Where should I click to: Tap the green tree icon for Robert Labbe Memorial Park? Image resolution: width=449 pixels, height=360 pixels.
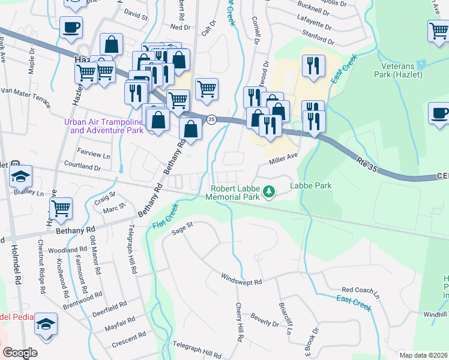coord(270,191)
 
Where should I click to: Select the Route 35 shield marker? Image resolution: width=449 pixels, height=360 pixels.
coord(211,119)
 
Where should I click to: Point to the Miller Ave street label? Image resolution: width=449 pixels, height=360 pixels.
coord(283,157)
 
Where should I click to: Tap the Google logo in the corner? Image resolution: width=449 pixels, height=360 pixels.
coord(20,353)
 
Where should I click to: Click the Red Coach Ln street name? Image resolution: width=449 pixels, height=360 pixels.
coord(361,292)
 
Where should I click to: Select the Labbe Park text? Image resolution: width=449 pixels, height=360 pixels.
coord(311,186)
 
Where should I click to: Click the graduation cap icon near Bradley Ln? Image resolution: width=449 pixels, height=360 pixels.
coord(21,176)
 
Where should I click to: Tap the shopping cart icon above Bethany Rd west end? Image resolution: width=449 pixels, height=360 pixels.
coord(61,208)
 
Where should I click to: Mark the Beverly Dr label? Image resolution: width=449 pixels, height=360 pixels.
coord(265,320)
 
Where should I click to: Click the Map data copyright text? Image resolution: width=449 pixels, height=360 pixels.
coord(423,355)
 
